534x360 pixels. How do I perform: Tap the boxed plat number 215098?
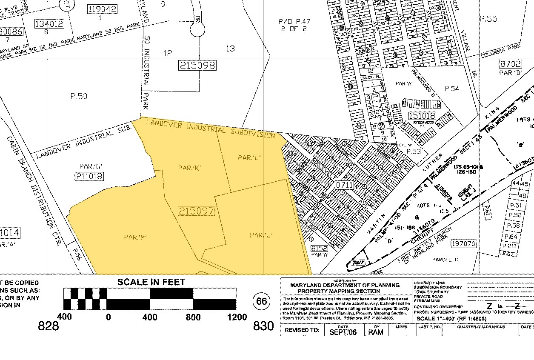[x=197, y=66]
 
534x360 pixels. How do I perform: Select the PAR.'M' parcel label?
[x=135, y=237]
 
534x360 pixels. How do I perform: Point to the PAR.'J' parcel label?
[x=261, y=235]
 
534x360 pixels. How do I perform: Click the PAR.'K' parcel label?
[x=189, y=168]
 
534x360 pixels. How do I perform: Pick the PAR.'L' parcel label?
[x=249, y=158]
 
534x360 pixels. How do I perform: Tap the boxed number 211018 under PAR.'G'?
[x=89, y=176]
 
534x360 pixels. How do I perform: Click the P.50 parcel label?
[x=79, y=97]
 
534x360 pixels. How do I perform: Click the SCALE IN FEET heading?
[x=151, y=282]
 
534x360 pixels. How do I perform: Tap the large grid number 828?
[x=48, y=326]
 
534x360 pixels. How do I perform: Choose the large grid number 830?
[x=263, y=326]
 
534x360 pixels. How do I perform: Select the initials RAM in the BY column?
[x=376, y=332]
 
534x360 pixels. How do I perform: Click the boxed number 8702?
[x=510, y=64]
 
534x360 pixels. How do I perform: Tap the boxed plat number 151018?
[x=422, y=116]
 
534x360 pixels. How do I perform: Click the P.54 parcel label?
[x=452, y=89]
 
